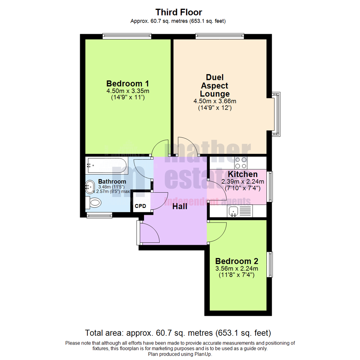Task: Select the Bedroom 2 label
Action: pyautogui.click(x=237, y=261)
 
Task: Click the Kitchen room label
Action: pyautogui.click(x=243, y=174)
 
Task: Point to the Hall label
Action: pyautogui.click(x=180, y=206)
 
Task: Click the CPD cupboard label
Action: pyautogui.click(x=140, y=206)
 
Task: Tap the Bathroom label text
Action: pyautogui.click(x=112, y=182)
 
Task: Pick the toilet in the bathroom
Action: pyautogui.click(x=94, y=203)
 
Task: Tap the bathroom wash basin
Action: pyautogui.click(x=90, y=187)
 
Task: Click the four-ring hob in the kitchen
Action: pyautogui.click(x=241, y=163)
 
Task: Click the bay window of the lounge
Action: pyautogui.click(x=276, y=114)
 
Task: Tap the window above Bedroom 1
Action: pyautogui.click(x=126, y=36)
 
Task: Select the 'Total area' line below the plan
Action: pyautogui.click(x=178, y=333)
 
